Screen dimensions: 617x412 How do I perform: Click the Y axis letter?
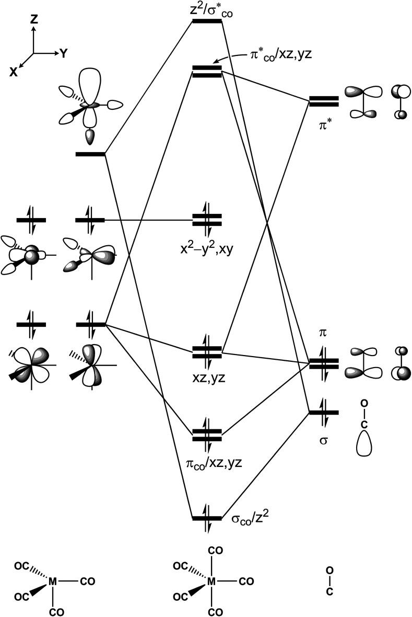63,53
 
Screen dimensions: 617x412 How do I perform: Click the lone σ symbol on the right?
324,441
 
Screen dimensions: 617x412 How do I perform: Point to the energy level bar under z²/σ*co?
207,21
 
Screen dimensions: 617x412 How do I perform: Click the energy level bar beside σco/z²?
207,518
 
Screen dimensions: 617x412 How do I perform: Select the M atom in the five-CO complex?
211,581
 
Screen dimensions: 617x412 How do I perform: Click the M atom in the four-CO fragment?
52,581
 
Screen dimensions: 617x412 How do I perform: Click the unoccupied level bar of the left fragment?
90,154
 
